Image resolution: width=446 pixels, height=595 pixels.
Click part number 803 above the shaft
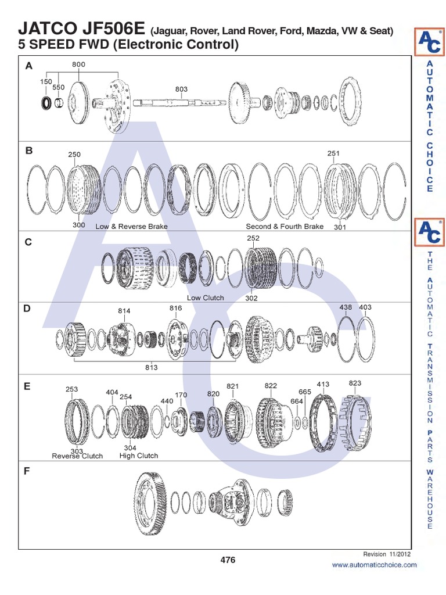pyautogui.click(x=181, y=89)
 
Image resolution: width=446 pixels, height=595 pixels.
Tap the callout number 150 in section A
pyautogui.click(x=46, y=81)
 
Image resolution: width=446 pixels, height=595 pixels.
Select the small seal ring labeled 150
pyautogui.click(x=46, y=103)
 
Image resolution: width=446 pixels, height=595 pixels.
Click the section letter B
pyautogui.click(x=29, y=150)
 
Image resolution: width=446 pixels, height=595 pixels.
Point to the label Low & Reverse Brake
pyautogui.click(x=131, y=227)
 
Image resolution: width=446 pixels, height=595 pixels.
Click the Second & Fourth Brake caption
pyautogui.click(x=285, y=227)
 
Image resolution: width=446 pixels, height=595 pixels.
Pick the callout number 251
pyautogui.click(x=333, y=153)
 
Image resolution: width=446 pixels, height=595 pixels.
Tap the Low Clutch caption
pyautogui.click(x=205, y=298)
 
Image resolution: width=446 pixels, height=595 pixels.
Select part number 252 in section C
pyautogui.click(x=253, y=238)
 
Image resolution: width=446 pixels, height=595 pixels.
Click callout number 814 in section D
pyautogui.click(x=124, y=311)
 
